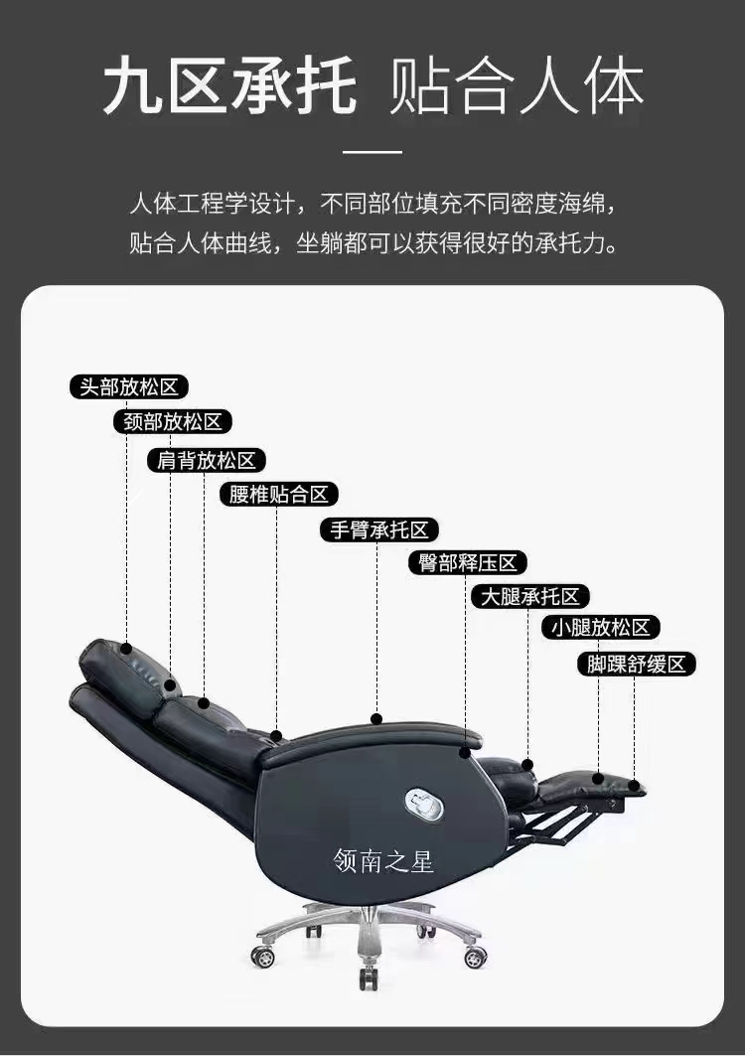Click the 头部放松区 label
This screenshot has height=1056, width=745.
[x=129, y=387]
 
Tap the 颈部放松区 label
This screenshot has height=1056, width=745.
[x=173, y=422]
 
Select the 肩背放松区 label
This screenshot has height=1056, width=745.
[x=207, y=461]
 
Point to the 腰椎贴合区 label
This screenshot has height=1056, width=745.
[x=279, y=495]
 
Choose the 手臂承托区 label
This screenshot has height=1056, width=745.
[x=379, y=530]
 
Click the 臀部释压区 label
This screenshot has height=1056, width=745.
[x=468, y=563]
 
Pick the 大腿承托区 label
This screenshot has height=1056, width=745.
[x=530, y=597]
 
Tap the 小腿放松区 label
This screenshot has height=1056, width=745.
[x=601, y=628]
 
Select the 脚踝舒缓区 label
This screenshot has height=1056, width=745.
[x=637, y=664]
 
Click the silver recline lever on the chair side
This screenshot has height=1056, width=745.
[x=424, y=804]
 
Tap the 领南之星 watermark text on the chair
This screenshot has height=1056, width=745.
[x=383, y=861]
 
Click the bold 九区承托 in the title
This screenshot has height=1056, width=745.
[x=230, y=86]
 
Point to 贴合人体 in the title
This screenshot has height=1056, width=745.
[x=516, y=86]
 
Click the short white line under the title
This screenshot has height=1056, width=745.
[x=372, y=152]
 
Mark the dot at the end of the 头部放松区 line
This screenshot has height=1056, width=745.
[x=126, y=648]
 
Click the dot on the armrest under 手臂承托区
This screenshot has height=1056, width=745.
[x=376, y=719]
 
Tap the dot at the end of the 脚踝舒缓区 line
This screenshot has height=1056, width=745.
[x=634, y=785]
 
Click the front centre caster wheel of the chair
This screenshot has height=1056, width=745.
[x=368, y=979]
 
